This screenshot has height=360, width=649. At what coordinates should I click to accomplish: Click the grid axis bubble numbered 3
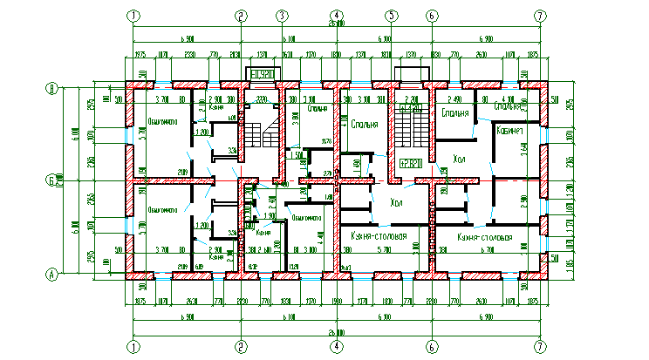(x=282, y=16)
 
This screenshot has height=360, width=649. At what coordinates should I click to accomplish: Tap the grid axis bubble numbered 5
(x=392, y=16)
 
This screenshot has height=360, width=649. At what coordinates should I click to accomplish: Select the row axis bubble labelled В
(x=52, y=87)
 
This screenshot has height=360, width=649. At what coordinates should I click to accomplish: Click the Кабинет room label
(x=509, y=131)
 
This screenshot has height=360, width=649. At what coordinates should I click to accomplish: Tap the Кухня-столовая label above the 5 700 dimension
(x=379, y=236)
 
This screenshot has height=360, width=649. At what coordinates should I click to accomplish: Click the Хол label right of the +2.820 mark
(x=458, y=160)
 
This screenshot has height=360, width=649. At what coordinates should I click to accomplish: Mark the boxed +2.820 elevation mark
(x=411, y=162)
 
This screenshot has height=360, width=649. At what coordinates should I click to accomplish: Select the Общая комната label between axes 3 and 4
(x=308, y=217)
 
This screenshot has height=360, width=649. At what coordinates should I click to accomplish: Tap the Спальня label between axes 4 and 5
(x=365, y=125)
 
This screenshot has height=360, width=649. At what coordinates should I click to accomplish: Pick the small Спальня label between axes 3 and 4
(x=318, y=110)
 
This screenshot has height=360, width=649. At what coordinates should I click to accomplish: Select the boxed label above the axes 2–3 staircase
(x=263, y=74)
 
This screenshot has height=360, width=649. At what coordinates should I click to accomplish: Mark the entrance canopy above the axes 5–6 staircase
(x=408, y=74)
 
